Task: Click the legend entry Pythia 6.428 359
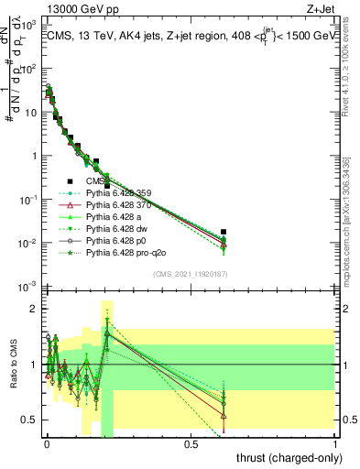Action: coord(119,193)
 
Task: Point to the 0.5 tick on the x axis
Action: coord(191,444)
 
